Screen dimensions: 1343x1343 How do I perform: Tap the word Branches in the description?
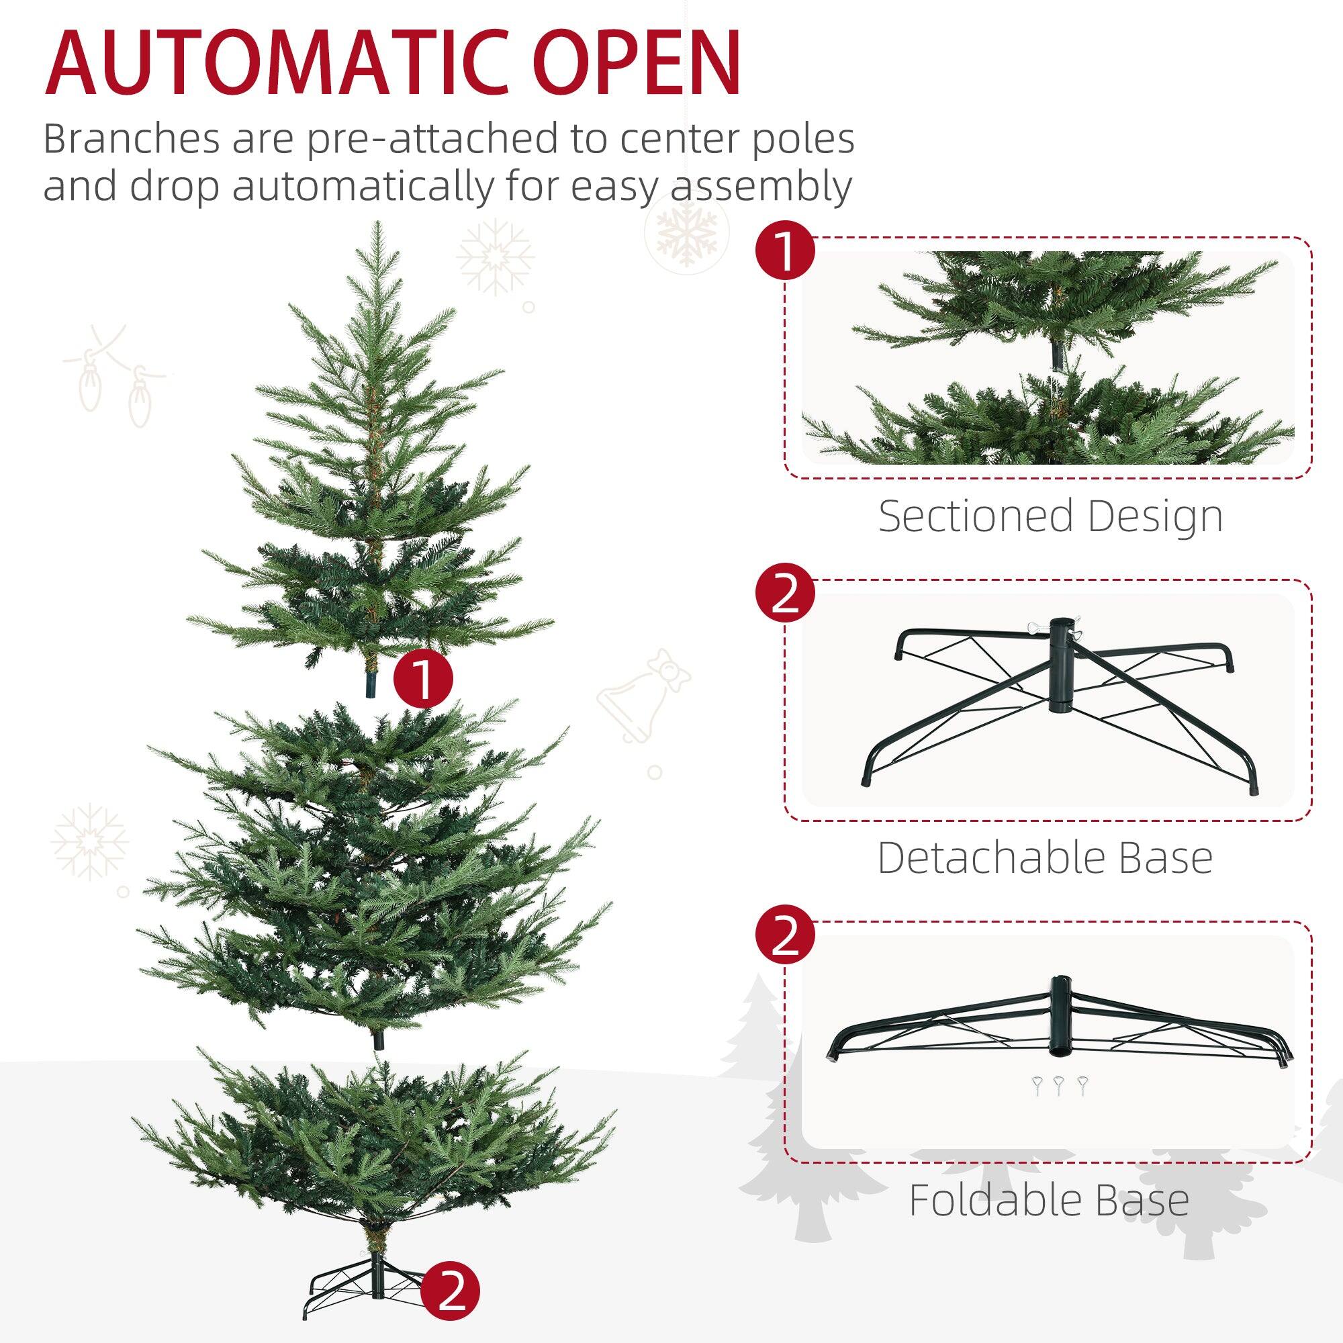[x=131, y=139]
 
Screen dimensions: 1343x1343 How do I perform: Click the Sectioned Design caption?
[x=1050, y=516]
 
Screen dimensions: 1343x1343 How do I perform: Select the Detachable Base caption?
[x=1045, y=858]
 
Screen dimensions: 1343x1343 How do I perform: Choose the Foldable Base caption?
[x=1049, y=1201]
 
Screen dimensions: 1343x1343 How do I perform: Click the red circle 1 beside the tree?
[x=422, y=679]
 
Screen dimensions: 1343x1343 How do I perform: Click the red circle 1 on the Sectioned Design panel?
[x=786, y=253]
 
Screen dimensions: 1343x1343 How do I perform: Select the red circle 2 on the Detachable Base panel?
[x=786, y=595]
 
